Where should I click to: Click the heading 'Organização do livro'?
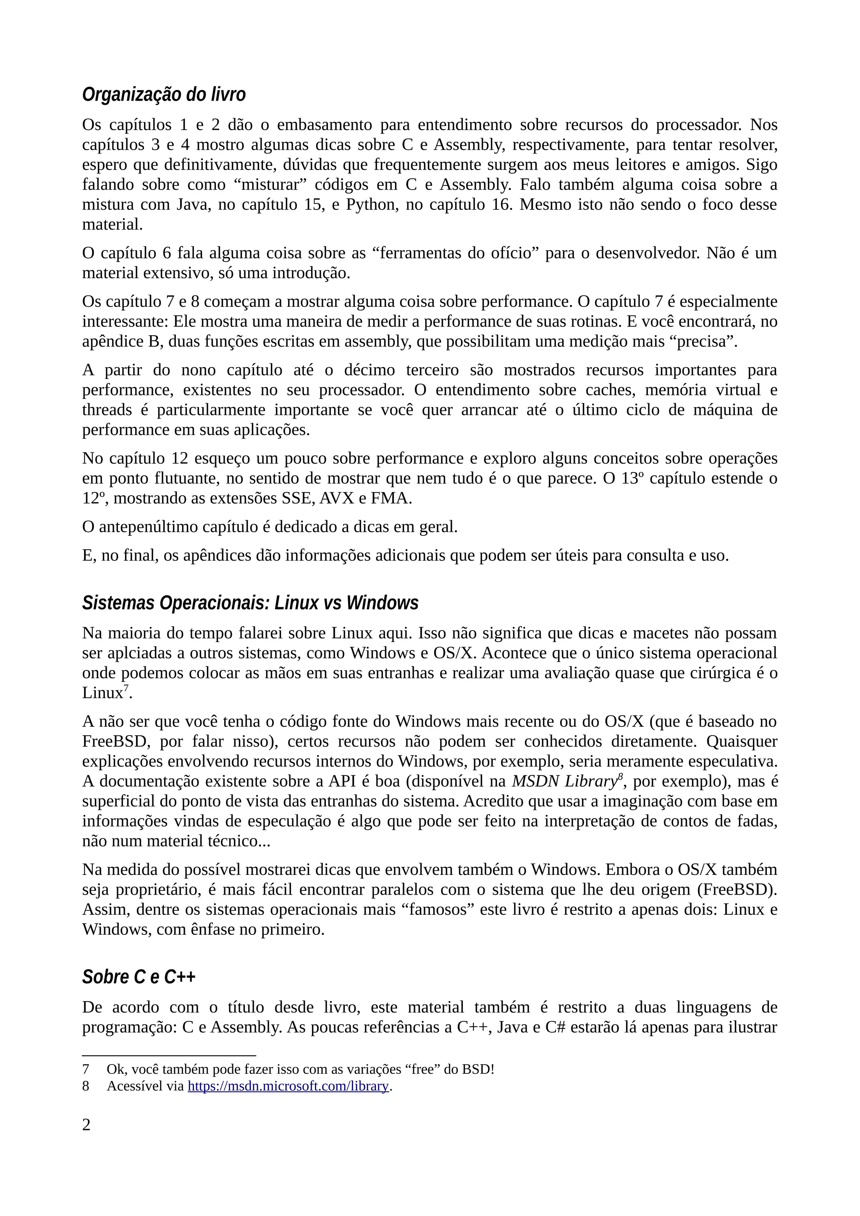coord(164,95)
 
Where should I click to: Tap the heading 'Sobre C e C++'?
coord(139,976)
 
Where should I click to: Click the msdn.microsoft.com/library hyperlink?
coord(288,1086)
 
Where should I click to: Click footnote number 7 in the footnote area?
coord(86,1069)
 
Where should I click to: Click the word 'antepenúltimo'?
coord(148,527)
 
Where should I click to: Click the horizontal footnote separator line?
coord(169,1056)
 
